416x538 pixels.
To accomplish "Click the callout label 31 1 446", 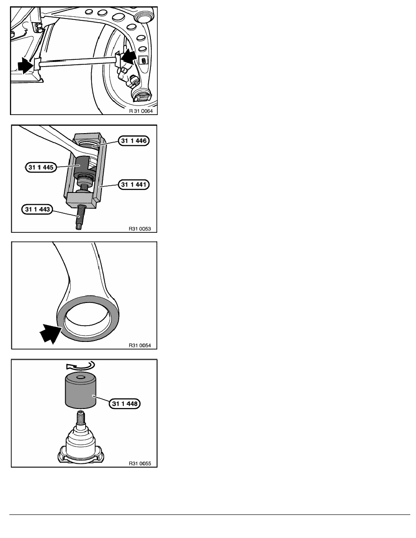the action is point(134,141).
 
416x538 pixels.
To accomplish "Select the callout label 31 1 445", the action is point(41,168).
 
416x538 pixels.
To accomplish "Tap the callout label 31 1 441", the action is point(134,185).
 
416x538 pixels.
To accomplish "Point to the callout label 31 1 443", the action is point(38,209).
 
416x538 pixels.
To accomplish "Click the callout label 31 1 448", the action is point(125,404).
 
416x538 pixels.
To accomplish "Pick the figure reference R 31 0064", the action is point(141,111).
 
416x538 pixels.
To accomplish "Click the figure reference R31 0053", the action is point(140,229).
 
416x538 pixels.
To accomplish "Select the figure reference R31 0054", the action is point(140,346).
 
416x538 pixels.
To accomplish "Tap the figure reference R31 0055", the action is point(140,464).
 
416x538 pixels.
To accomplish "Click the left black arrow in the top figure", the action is point(26,65).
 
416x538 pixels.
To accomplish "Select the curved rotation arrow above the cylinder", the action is point(81,365).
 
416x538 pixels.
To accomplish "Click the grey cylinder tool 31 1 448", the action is point(80,390).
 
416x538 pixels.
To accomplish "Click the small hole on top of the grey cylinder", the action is point(81,377).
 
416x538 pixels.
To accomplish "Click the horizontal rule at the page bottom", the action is point(210,514).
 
